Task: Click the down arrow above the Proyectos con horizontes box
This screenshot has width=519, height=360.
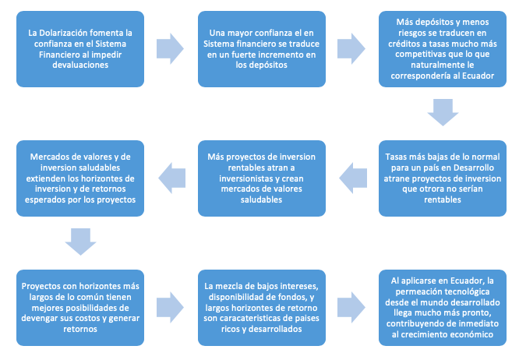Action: (79, 242)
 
